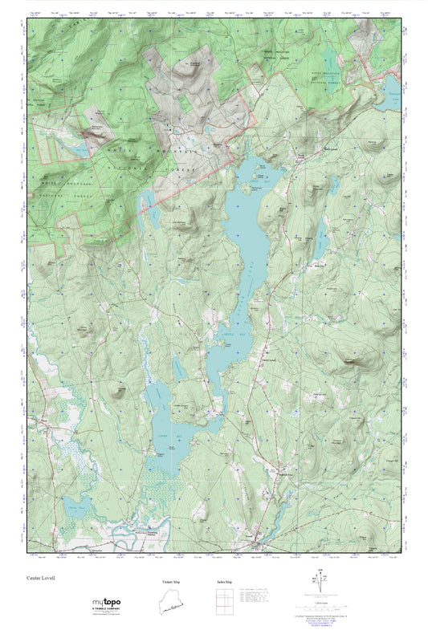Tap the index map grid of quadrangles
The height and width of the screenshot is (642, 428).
(221, 601)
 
